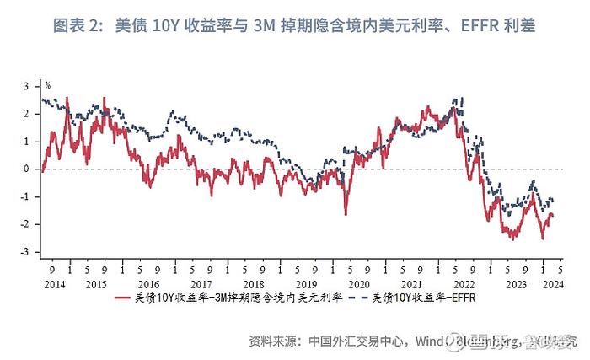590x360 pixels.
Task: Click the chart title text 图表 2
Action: tap(78, 26)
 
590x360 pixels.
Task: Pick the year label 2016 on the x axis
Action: tap(149, 284)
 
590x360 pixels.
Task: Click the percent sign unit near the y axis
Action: tap(48, 84)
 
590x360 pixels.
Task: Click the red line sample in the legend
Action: tap(124, 298)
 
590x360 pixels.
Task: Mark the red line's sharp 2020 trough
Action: tap(345, 215)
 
